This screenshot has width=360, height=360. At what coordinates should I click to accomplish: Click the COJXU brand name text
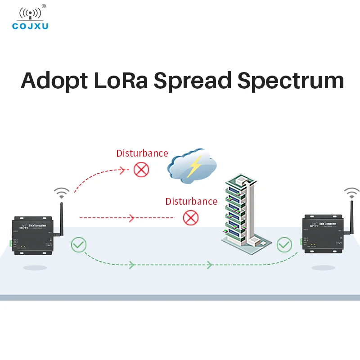click(x=30, y=26)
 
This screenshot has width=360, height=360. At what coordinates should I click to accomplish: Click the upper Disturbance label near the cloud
click(x=142, y=153)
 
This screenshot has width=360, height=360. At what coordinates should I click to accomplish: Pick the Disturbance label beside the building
click(x=191, y=201)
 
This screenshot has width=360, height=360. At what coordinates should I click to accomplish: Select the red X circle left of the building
click(x=191, y=218)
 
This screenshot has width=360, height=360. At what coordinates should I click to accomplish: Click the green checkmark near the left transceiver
click(x=79, y=245)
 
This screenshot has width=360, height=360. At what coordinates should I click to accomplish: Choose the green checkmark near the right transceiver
click(x=284, y=245)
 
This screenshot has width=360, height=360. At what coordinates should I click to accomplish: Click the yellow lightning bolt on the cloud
click(x=195, y=166)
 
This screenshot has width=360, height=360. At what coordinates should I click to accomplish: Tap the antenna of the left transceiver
click(x=60, y=220)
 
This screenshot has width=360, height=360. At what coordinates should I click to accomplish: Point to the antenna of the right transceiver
click(x=351, y=220)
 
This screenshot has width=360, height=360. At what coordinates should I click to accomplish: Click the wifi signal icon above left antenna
click(x=62, y=193)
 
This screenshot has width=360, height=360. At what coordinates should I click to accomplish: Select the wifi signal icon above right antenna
click(x=352, y=193)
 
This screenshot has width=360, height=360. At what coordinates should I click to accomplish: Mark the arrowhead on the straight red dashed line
click(x=131, y=218)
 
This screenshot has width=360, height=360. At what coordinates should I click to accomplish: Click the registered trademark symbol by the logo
click(x=44, y=6)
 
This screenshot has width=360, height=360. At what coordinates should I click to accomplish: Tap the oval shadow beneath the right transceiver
click(x=323, y=267)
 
